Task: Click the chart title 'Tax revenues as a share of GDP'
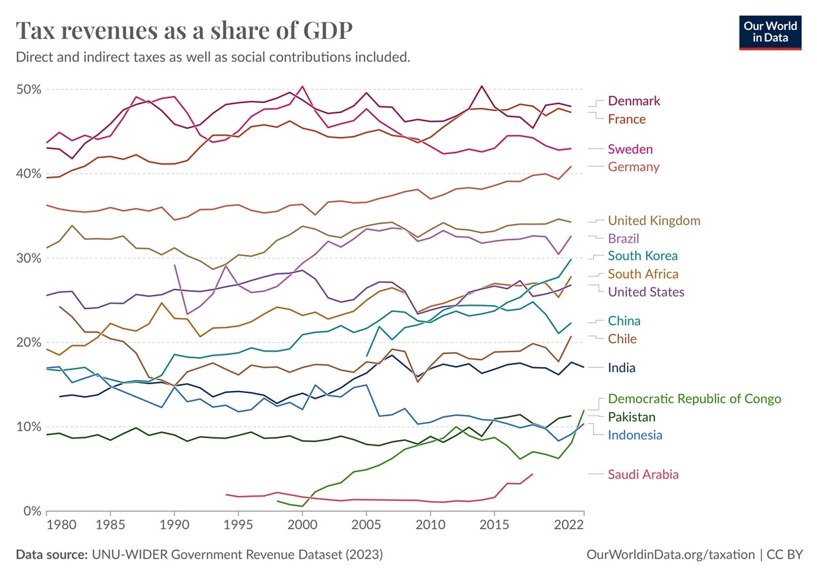coord(184,30)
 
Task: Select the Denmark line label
coord(634,101)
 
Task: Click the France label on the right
coord(626,119)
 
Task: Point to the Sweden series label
coord(630,149)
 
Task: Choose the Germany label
coord(633,167)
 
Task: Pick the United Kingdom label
coord(654,220)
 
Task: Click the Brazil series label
coord(623,238)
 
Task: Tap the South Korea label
coord(643,256)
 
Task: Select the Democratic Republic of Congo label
coord(694,399)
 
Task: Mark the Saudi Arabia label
coord(643,475)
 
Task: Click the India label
coord(622,368)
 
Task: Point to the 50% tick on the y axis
coord(29,89)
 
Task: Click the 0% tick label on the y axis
coord(32,510)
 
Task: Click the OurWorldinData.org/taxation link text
coord(670,555)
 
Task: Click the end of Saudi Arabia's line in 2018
coord(532,474)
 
